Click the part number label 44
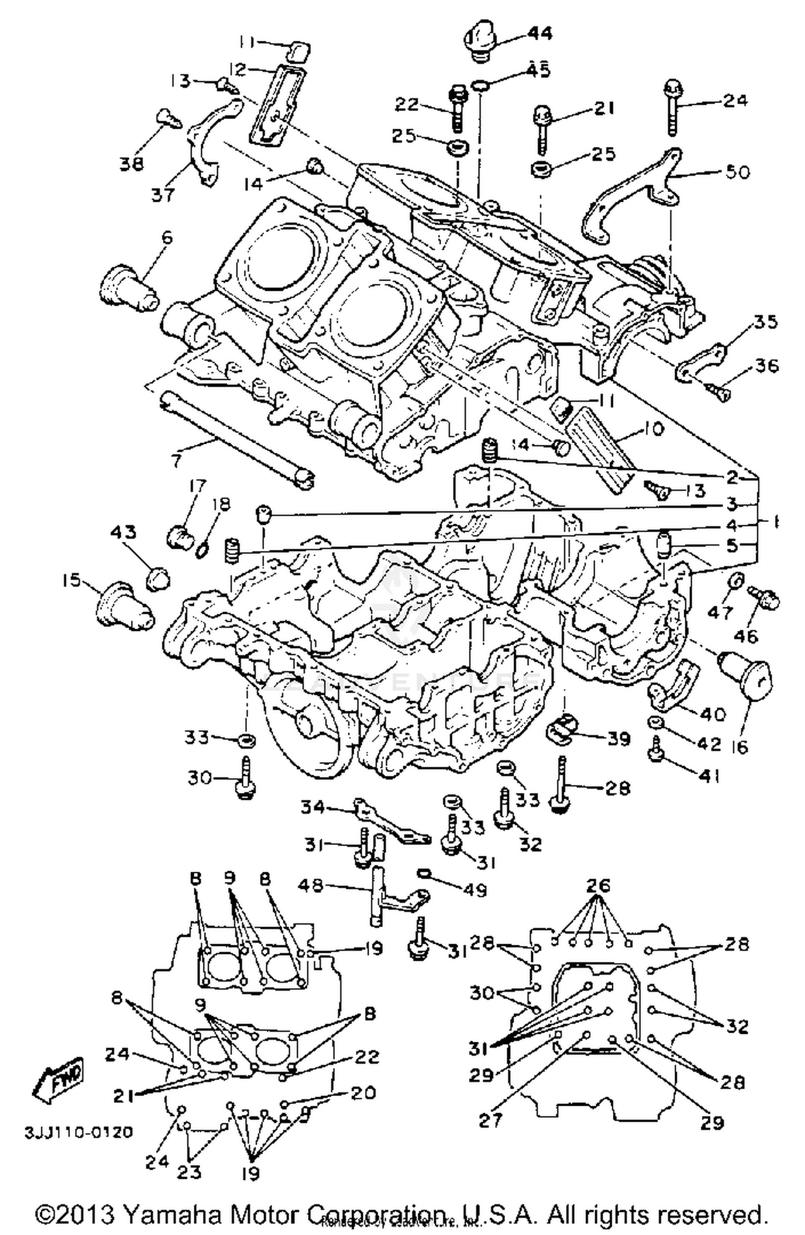(x=539, y=33)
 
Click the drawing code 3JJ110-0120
(x=78, y=1133)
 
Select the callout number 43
(x=123, y=533)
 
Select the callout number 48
(x=311, y=885)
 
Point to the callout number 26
(x=598, y=885)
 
